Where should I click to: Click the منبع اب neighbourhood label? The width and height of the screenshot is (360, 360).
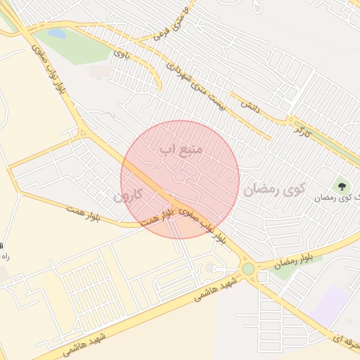[x=181, y=149]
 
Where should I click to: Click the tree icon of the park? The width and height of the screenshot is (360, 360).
[x=342, y=186]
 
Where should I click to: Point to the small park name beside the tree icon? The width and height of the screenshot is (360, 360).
[x=337, y=198]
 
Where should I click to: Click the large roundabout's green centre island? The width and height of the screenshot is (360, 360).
[x=247, y=269]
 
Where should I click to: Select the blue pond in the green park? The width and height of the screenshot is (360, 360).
[x=56, y=34]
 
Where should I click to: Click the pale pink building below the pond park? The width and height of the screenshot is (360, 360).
[x=99, y=72]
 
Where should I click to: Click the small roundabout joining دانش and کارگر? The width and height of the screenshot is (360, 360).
[x=290, y=121]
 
